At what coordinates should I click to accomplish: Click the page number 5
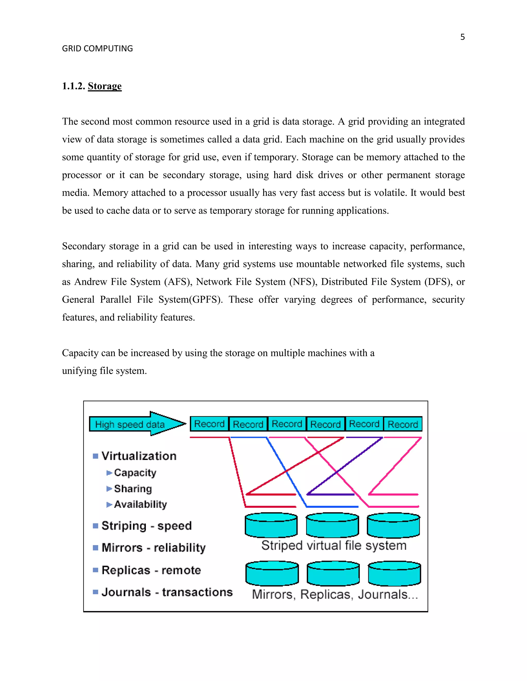[x=462, y=37]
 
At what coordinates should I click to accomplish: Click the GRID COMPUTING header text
[x=98, y=49]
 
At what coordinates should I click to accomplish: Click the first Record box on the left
[x=209, y=424]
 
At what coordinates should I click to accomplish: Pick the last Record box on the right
[x=403, y=424]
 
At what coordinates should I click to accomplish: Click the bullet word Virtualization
[x=139, y=456]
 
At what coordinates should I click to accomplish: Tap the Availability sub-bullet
[x=140, y=504]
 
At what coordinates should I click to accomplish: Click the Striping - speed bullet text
[x=146, y=526]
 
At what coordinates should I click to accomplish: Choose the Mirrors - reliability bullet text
[x=154, y=548]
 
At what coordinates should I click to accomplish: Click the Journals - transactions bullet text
[x=167, y=592]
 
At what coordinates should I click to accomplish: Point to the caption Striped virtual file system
[x=334, y=546]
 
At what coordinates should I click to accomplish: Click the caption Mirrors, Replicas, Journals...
[x=335, y=594]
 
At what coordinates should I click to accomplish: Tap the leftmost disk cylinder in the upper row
[x=271, y=526]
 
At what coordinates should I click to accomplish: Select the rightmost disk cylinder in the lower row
[x=394, y=574]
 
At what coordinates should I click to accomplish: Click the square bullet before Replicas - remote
[x=95, y=570]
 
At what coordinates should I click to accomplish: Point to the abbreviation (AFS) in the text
[x=178, y=282]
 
